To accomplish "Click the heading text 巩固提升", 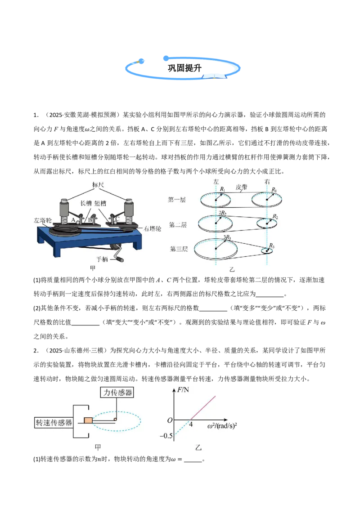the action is click(x=184, y=68).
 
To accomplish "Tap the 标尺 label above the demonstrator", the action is click(x=98, y=185).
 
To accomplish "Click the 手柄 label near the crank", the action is click(x=102, y=259).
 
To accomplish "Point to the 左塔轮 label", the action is click(x=43, y=220).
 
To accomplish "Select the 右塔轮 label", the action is click(x=153, y=228).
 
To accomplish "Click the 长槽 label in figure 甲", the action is click(x=86, y=203).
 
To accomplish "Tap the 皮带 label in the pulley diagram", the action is click(x=241, y=187).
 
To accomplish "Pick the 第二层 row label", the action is click(x=178, y=225).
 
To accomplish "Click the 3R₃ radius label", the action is click(x=227, y=237).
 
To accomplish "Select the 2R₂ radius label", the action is click(x=223, y=213).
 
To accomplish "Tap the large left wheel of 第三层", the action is click(x=216, y=249).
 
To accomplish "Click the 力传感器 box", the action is click(x=117, y=393).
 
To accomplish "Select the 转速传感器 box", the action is click(x=54, y=423).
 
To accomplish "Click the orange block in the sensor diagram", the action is click(x=88, y=420).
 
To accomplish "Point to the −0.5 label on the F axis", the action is click(x=166, y=436).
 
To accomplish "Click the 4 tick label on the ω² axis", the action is click(x=191, y=424).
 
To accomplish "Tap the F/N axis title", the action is click(x=183, y=389).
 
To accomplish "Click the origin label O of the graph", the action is click(x=170, y=420).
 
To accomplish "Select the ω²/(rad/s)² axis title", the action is click(x=222, y=425).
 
